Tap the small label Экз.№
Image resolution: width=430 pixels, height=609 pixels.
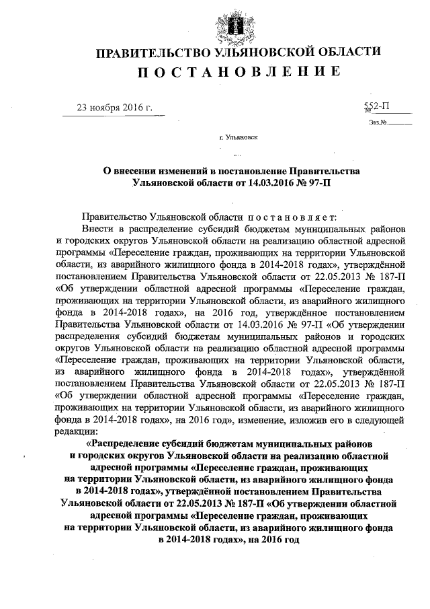click(x=376, y=122)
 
